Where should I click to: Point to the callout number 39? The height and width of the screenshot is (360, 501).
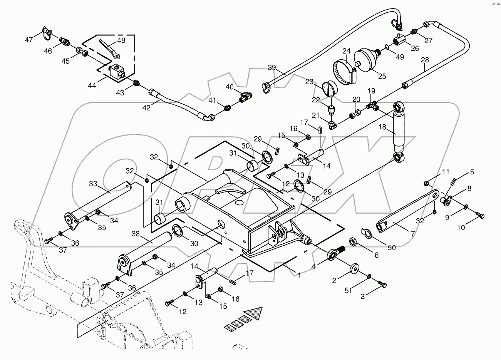coord(272,68)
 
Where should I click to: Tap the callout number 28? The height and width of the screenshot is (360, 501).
coord(425,60)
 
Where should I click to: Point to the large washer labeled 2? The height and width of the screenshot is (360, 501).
coord(353,268)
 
